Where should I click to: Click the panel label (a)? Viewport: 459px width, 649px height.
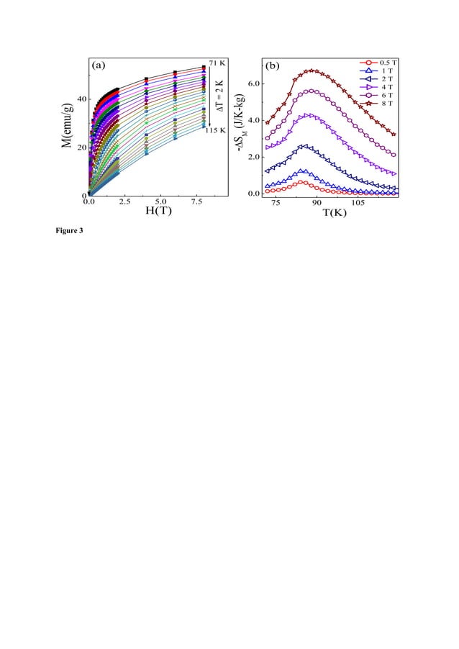click(99, 65)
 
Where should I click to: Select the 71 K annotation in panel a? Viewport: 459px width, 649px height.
click(217, 63)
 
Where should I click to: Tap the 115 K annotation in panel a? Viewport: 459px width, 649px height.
click(215, 130)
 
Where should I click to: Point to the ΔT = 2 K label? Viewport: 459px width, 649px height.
click(220, 96)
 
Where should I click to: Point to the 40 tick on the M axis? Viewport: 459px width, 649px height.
click(83, 99)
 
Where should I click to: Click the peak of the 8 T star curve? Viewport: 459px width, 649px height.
click(311, 71)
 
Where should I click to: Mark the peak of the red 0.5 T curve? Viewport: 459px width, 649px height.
click(303, 183)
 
